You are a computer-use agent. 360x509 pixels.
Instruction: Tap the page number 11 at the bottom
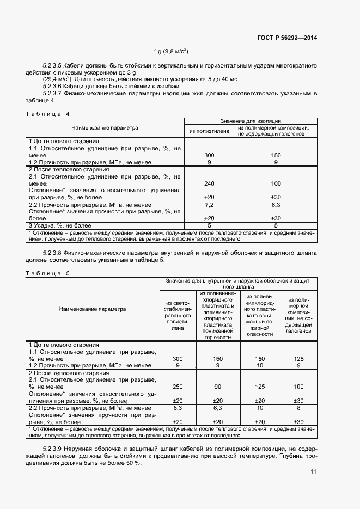point(314,472)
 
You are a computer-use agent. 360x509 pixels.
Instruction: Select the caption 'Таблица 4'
point(48,114)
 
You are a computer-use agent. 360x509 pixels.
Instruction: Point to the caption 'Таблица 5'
point(48,273)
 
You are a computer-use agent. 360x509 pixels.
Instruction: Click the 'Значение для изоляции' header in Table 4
point(250,120)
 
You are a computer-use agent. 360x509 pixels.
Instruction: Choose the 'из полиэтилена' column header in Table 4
point(209,131)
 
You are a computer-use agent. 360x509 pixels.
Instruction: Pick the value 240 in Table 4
point(209,184)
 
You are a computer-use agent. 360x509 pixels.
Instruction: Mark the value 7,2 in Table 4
point(209,205)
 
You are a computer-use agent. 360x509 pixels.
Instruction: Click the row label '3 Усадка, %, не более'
point(60,225)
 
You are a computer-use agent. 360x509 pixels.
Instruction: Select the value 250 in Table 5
point(178,387)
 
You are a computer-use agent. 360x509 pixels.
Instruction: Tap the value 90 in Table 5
point(217,387)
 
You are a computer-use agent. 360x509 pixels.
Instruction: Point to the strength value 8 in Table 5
point(298,407)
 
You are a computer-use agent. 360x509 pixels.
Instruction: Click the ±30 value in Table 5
point(298,421)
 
